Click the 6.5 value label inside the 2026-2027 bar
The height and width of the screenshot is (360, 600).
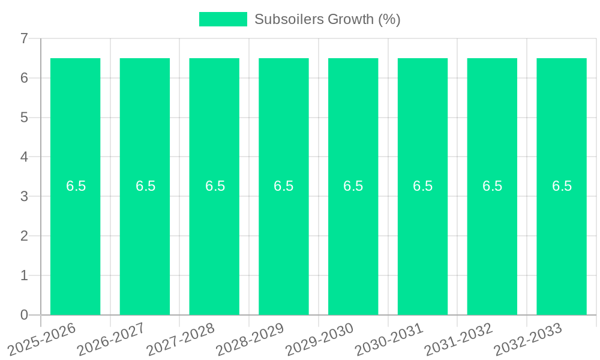pos(145,186)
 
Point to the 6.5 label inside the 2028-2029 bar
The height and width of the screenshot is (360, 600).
pos(284,186)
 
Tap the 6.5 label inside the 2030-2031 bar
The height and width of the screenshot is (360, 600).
pos(422,186)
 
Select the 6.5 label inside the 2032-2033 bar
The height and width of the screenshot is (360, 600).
pos(562,186)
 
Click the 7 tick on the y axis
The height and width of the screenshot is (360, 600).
pos(24,38)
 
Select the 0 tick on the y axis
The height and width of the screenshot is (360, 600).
pos(24,315)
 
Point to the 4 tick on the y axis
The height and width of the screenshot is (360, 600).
pos(24,157)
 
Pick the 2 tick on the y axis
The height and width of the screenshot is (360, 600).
pos(24,236)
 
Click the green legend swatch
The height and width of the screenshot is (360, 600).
pos(223,19)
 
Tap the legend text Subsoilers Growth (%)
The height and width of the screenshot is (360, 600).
pos(327,19)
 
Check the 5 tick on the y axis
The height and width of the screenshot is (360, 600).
pos(24,118)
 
